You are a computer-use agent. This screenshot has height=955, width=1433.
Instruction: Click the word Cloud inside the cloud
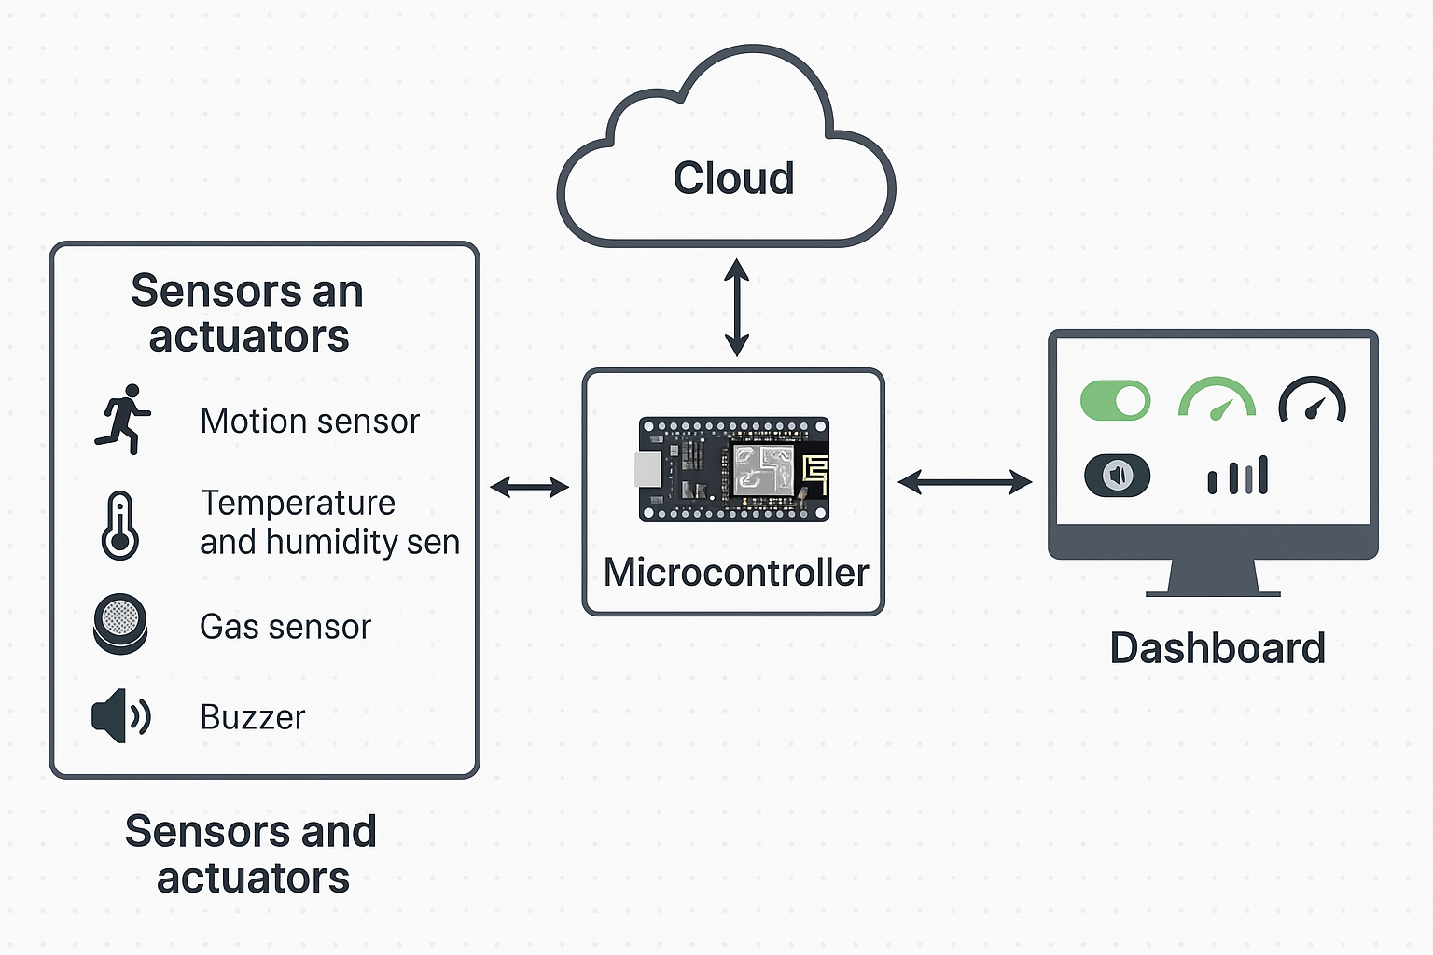click(x=733, y=178)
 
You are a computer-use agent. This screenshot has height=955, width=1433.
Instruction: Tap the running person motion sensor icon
click(x=122, y=420)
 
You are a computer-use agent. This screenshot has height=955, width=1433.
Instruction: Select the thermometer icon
click(x=120, y=525)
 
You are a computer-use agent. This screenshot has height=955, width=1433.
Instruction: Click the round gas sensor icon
click(x=120, y=624)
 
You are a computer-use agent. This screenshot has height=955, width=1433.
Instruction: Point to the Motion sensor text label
click(x=310, y=422)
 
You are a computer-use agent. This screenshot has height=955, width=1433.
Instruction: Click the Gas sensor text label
click(x=285, y=627)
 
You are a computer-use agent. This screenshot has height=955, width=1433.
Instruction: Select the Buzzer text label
click(x=252, y=717)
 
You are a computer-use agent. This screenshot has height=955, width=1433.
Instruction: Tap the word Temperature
click(x=299, y=503)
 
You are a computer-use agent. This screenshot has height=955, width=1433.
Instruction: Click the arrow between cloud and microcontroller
click(x=737, y=308)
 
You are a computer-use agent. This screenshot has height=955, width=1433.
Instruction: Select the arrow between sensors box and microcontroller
click(x=530, y=486)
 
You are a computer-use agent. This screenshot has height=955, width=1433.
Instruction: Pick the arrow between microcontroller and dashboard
click(x=965, y=482)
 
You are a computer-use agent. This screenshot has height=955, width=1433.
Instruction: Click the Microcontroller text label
click(x=736, y=572)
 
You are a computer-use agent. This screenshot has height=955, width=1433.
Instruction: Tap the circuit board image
click(x=733, y=468)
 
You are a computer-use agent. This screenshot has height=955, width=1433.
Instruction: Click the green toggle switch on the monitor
click(x=1115, y=400)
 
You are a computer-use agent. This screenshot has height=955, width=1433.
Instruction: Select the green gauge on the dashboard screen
click(x=1217, y=400)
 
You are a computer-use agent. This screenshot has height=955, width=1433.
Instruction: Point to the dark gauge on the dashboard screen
click(x=1312, y=400)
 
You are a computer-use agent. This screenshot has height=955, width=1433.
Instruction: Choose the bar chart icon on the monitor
click(x=1238, y=476)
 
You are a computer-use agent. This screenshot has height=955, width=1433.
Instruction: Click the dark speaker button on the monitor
click(x=1117, y=476)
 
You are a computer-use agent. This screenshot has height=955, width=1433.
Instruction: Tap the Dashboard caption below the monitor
click(x=1217, y=648)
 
